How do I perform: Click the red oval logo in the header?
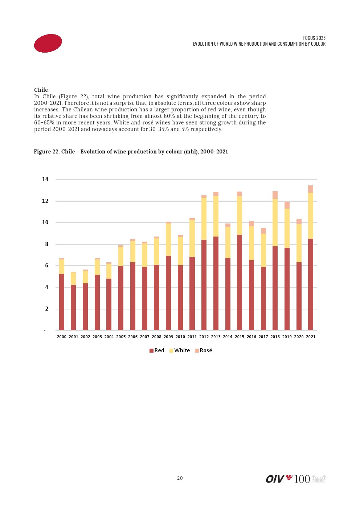pyautogui.click(x=48, y=43)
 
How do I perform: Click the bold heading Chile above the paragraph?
pyautogui.click(x=41, y=90)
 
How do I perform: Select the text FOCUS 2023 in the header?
pyautogui.click(x=314, y=38)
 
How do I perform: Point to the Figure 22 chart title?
pyautogui.click(x=131, y=152)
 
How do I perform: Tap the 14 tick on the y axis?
pyautogui.click(x=45, y=179)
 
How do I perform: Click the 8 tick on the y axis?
pyautogui.click(x=46, y=244)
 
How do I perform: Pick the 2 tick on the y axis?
pyautogui.click(x=46, y=309)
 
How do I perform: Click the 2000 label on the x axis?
pyautogui.click(x=62, y=337)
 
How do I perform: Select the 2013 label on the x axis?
pyautogui.click(x=216, y=337)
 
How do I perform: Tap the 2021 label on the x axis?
pyautogui.click(x=311, y=337)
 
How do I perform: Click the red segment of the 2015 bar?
pyautogui.click(x=240, y=283)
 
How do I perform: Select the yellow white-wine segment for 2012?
pyautogui.click(x=204, y=219)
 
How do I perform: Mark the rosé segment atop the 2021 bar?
pyautogui.click(x=311, y=189)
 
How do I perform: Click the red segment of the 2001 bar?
pyautogui.click(x=73, y=308)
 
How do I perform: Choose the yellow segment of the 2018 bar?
pyautogui.click(x=275, y=223)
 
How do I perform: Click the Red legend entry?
pyautogui.click(x=157, y=350)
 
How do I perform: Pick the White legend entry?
pyautogui.click(x=180, y=350)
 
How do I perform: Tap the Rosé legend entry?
pyautogui.click(x=204, y=350)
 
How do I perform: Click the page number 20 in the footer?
pyautogui.click(x=180, y=478)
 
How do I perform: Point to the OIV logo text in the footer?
pyautogui.click(x=275, y=479)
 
